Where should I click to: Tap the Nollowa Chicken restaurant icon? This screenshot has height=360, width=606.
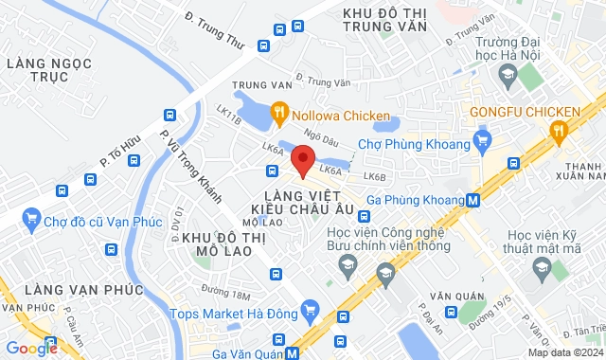click(279, 116)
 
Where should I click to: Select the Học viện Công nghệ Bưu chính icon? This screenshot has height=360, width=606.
click(385, 277)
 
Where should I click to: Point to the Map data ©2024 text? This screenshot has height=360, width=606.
click(564, 352)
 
